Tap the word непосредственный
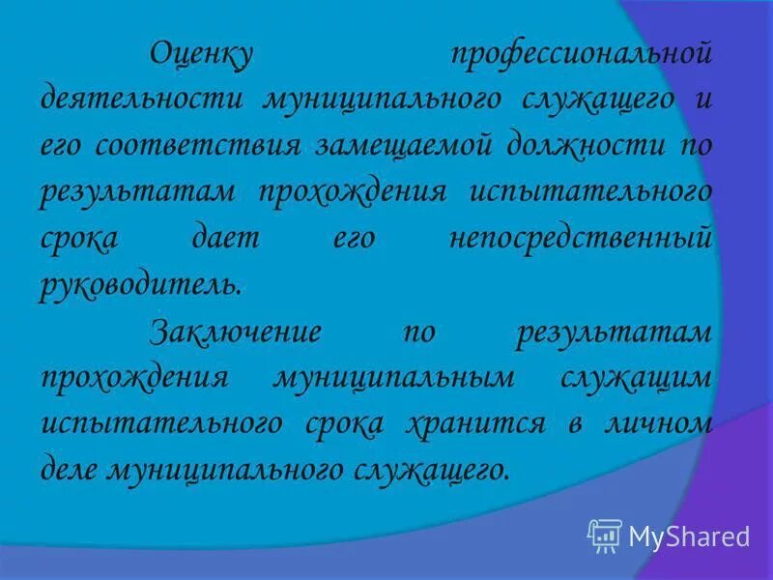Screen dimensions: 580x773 pyautogui.click(x=581, y=239)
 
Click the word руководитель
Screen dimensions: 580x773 pyautogui.click(x=137, y=285)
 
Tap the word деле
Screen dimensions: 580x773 pyautogui.click(x=70, y=470)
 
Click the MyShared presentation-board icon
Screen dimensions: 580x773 pyautogui.click(x=604, y=535)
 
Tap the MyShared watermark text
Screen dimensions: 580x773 pyautogui.click(x=689, y=536)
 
